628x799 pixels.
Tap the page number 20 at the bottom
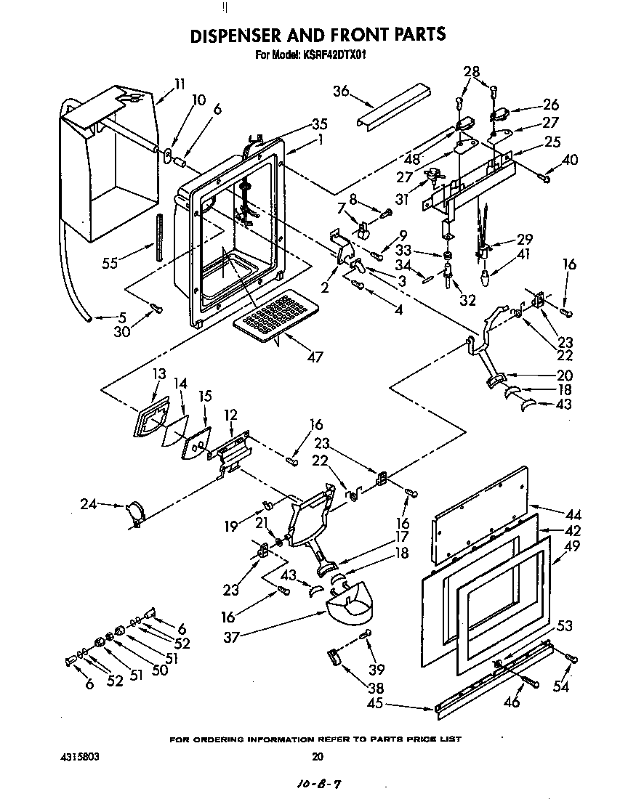[x=317, y=756]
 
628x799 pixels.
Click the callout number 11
[x=180, y=83]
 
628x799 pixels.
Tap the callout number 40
[x=570, y=160]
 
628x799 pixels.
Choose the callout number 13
[x=159, y=374]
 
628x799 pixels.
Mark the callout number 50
[x=160, y=670]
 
